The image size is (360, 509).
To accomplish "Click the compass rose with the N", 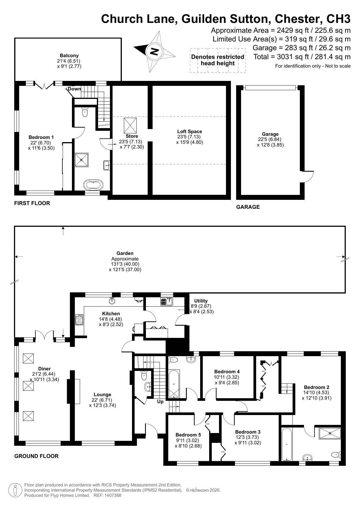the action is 155,52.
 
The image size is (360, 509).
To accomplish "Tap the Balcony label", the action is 69,55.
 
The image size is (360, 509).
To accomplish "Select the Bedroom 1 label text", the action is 41,137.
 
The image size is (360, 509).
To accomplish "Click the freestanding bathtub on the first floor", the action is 93,184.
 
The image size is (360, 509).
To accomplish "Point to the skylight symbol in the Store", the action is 131,125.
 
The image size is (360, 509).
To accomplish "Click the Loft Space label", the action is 189,131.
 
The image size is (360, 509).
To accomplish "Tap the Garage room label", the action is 270,134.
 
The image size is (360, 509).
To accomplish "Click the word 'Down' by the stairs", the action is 75,89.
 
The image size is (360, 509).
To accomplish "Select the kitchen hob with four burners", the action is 79,320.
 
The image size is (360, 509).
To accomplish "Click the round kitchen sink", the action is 112,301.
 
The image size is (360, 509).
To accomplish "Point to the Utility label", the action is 201,301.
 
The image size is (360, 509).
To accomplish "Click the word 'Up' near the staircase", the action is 160,402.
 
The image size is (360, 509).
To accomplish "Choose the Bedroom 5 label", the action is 188,435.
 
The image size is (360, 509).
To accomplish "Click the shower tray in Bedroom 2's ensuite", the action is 330,434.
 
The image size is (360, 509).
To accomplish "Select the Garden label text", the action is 125,253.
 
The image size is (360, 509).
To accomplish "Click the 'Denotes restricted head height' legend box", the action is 218,60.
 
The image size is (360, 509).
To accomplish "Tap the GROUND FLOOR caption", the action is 36,456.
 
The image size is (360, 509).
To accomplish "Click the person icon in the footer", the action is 15,490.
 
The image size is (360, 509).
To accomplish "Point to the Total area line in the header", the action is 302,57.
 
